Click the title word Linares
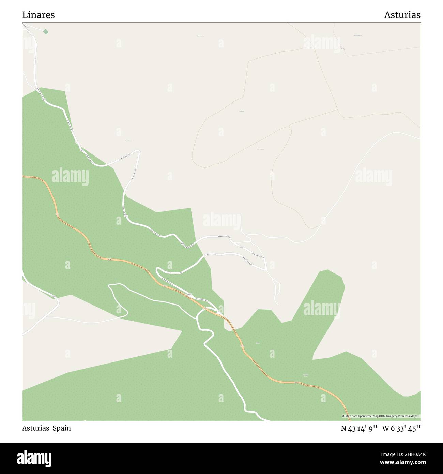click(39, 15)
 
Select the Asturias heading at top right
click(402, 15)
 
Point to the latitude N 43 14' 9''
click(360, 428)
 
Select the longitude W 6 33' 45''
click(401, 428)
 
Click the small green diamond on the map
click(46, 31)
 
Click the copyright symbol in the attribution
click(343, 416)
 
